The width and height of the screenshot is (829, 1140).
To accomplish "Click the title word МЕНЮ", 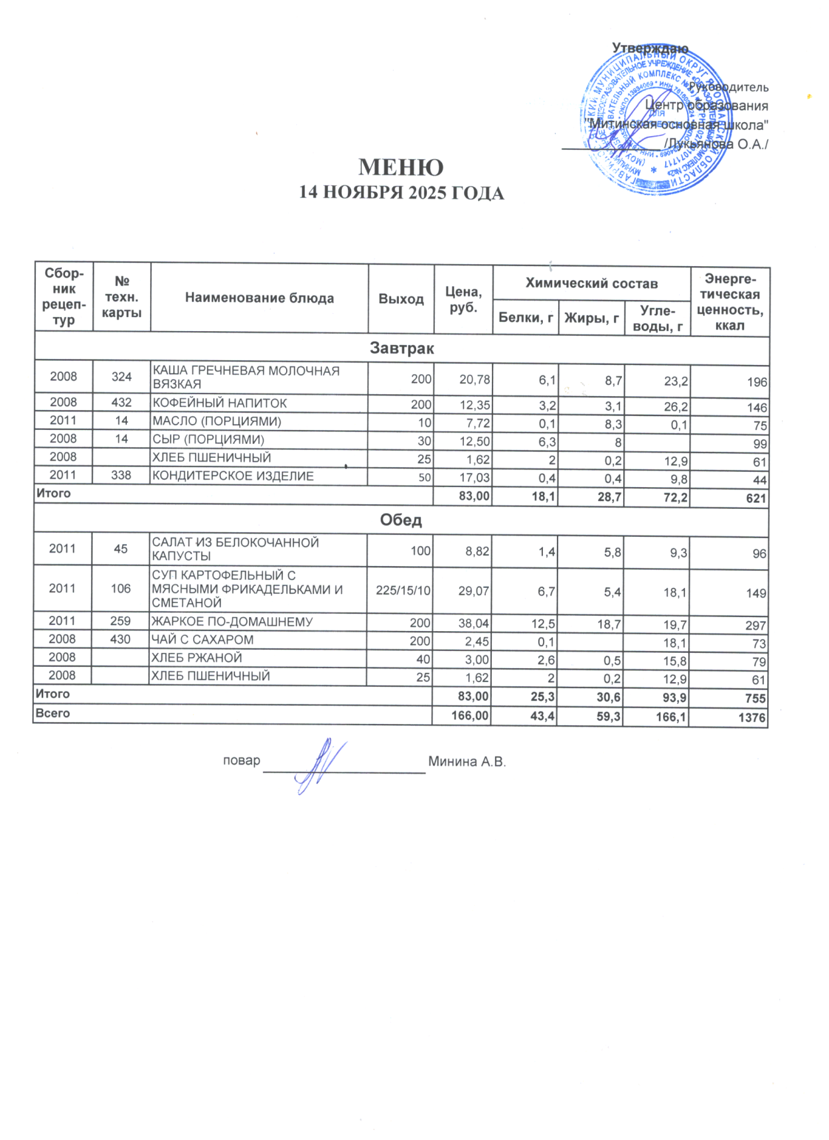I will (401, 167).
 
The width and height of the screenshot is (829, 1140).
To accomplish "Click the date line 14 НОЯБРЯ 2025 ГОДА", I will (401, 193).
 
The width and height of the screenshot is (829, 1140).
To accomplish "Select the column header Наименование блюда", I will (259, 298).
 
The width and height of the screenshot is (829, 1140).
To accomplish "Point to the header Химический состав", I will (591, 283).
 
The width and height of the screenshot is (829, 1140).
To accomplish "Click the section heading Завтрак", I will (402, 348).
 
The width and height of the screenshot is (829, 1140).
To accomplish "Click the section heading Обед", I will (401, 520).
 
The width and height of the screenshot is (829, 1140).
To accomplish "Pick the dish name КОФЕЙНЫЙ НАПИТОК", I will (220, 403).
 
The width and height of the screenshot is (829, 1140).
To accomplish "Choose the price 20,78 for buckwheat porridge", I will (475, 380).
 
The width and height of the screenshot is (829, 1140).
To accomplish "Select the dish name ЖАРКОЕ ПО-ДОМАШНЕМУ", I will (232, 622).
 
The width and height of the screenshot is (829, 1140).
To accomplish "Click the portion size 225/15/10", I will (403, 590).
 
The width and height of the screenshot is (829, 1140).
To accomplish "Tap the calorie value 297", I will (755, 625).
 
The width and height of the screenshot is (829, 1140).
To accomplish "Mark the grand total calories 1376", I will (752, 717).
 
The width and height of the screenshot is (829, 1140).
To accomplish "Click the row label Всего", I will (52, 713).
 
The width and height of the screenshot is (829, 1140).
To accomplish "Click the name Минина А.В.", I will (467, 762).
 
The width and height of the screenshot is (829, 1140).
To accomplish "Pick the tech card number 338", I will (121, 475).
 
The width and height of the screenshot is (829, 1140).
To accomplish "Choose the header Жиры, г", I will (591, 318).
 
